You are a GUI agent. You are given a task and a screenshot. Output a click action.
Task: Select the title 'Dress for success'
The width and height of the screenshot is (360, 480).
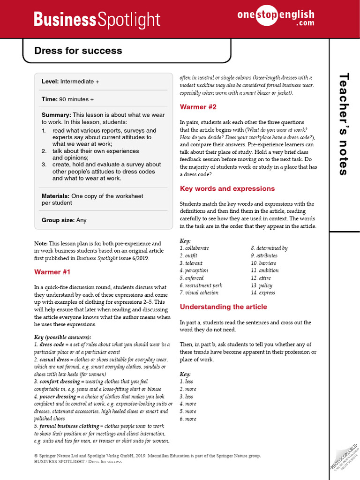(78, 51)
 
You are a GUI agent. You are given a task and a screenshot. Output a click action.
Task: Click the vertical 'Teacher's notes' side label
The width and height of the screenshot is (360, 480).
(345, 124)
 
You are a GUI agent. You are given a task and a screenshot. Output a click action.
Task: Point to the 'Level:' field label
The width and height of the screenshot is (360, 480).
(50, 82)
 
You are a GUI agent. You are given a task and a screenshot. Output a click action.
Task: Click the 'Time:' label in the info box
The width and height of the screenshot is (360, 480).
(49, 99)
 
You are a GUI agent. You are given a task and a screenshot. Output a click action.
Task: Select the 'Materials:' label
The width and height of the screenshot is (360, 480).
(56, 196)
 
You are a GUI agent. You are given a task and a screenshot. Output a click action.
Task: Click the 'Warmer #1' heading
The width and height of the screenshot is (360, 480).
(52, 272)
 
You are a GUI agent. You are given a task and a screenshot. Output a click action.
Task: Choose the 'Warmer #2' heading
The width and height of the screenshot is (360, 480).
(198, 107)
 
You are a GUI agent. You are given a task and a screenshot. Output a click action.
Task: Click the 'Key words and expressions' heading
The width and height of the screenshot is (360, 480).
(227, 188)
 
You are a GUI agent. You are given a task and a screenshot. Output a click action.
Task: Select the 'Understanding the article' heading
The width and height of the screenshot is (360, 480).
(223, 307)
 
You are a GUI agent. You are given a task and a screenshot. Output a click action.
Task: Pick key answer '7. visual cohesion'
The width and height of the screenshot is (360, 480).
(199, 292)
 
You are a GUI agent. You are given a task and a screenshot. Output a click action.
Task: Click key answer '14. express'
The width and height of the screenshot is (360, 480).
(263, 292)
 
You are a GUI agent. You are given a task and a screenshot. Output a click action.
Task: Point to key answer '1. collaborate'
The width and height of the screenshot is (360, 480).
(195, 248)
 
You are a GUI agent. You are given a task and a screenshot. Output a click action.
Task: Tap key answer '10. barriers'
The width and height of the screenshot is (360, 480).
(265, 263)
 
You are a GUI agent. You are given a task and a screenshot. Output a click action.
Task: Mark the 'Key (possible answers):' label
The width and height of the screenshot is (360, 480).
(63, 337)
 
